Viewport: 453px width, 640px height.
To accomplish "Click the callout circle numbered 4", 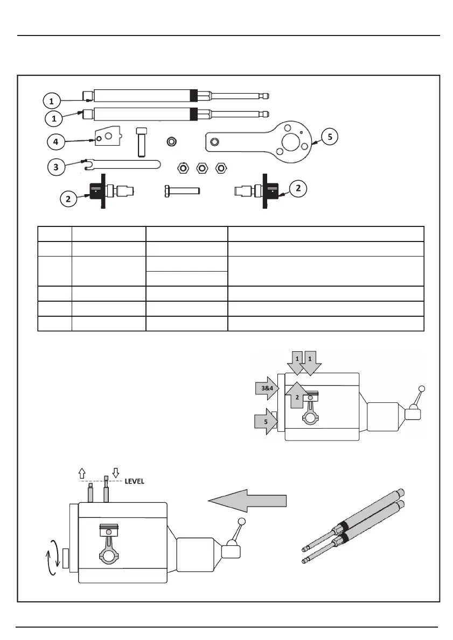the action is [x=56, y=142].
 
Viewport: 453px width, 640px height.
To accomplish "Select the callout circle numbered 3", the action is [x=56, y=167].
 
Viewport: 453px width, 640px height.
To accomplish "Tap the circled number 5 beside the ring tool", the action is [x=330, y=137].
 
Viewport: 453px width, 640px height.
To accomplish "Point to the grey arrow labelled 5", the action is [x=266, y=421].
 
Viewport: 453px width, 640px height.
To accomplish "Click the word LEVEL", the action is [x=134, y=482].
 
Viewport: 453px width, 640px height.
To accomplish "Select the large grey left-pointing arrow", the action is [x=247, y=500].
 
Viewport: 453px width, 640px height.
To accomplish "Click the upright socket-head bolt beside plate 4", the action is [x=141, y=141].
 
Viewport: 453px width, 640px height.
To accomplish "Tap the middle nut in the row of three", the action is [x=201, y=168].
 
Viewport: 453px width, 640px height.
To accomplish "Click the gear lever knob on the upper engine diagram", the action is [x=422, y=389].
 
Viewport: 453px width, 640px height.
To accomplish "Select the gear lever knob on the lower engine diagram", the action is [x=242, y=521].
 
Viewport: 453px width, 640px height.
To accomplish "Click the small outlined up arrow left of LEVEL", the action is [x=82, y=473].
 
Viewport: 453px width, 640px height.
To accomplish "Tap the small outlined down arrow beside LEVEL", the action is [x=116, y=473].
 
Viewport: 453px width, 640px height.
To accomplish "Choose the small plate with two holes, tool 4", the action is [x=108, y=136].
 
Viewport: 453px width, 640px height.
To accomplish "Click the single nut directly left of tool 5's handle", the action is [x=172, y=142].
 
